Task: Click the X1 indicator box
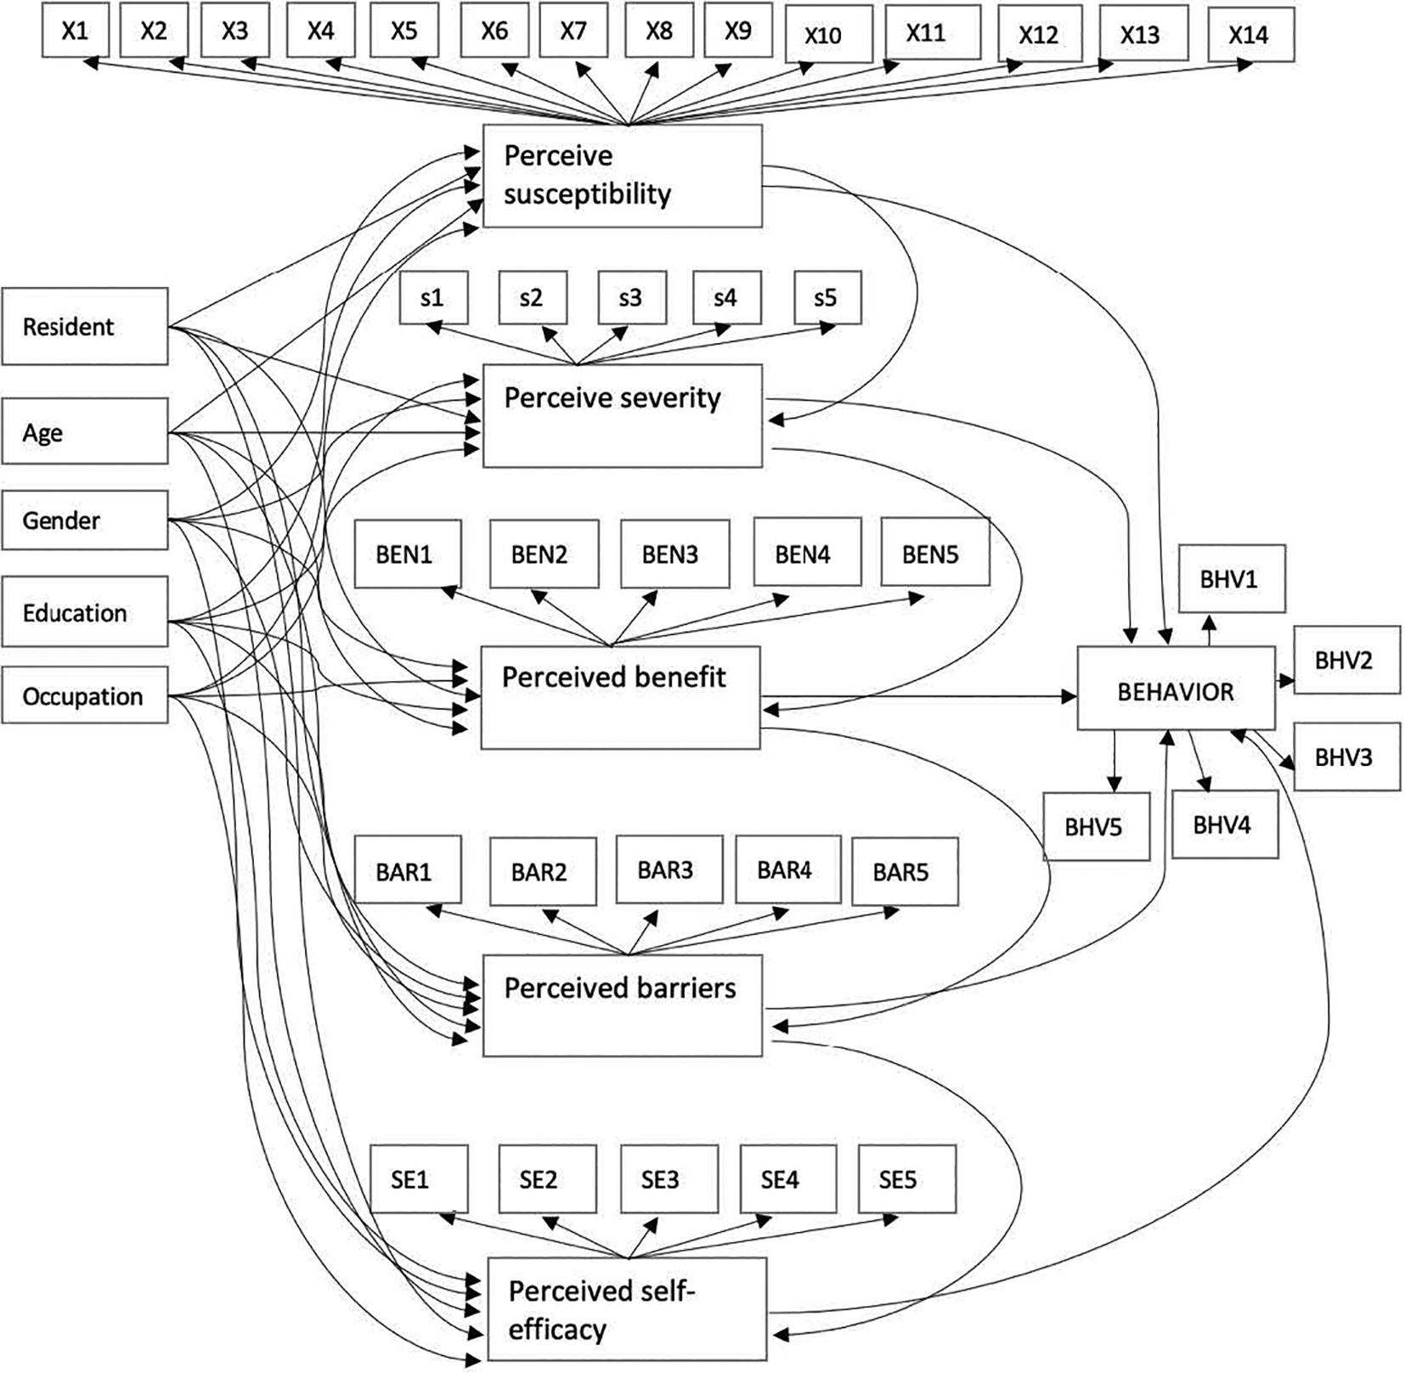pyautogui.click(x=75, y=31)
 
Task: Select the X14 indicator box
pyautogui.click(x=1250, y=35)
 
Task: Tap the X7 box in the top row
pyautogui.click(x=573, y=31)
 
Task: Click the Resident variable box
pyautogui.click(x=84, y=327)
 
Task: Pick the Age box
pyautogui.click(x=84, y=432)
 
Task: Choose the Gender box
pyautogui.click(x=84, y=520)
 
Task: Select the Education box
pyautogui.click(x=84, y=612)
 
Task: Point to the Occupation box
pyautogui.click(x=84, y=696)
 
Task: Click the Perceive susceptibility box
pyautogui.click(x=622, y=176)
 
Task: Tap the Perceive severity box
pyautogui.click(x=622, y=416)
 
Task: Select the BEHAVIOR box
pyautogui.click(x=1176, y=692)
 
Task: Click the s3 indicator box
pyautogui.click(x=631, y=298)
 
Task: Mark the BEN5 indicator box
pyautogui.click(x=934, y=554)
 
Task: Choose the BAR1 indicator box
pyautogui.click(x=407, y=870)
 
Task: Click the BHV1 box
pyautogui.click(x=1231, y=579)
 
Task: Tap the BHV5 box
pyautogui.click(x=1096, y=826)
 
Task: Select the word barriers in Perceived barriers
pyautogui.click(x=686, y=988)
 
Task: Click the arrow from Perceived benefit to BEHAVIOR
pyautogui.click(x=917, y=696)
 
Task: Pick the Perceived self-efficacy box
pyautogui.click(x=627, y=1308)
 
